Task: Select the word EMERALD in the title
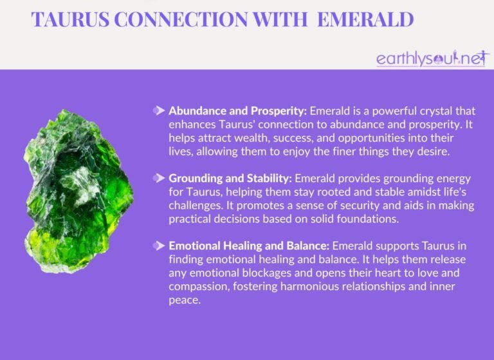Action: [360, 19]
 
